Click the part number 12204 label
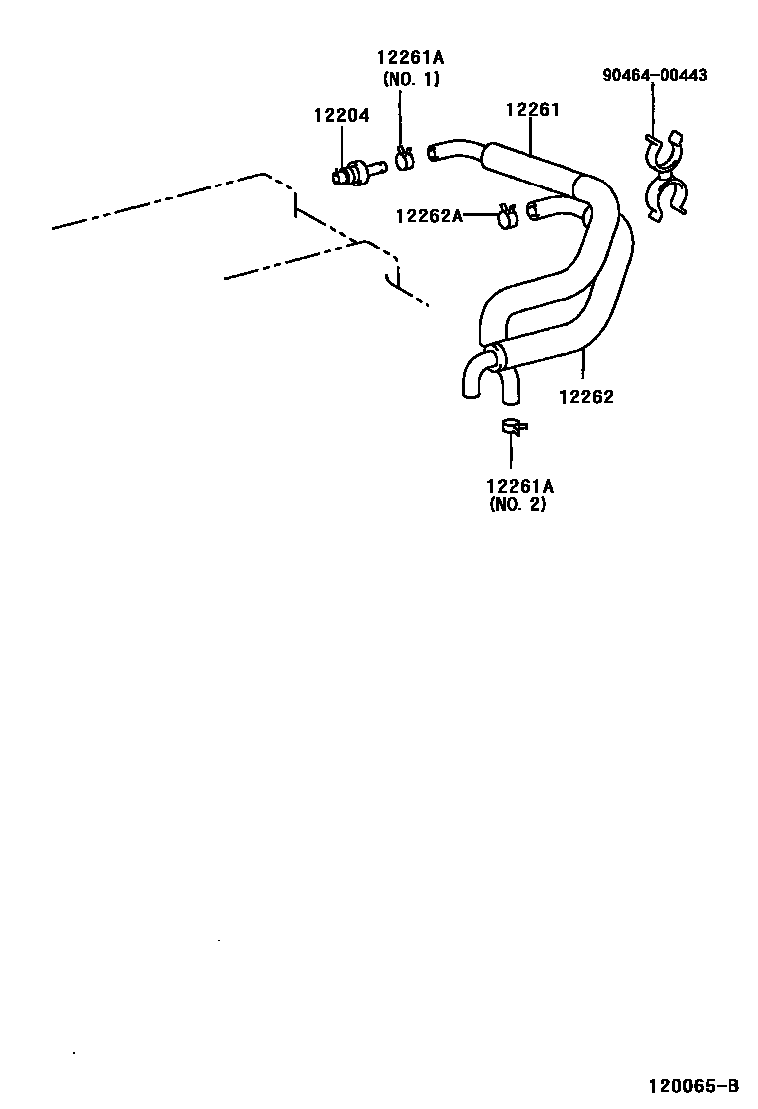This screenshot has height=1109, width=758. [x=341, y=116]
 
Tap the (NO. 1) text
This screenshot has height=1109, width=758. [x=410, y=79]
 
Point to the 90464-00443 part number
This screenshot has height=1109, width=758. [x=654, y=75]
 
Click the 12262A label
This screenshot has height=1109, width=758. [x=429, y=214]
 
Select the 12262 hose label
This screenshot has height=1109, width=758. [x=585, y=396]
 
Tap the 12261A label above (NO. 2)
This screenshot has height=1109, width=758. [x=520, y=486]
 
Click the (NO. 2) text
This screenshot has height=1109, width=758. [x=519, y=505]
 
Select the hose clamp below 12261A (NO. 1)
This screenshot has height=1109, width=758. [x=404, y=157]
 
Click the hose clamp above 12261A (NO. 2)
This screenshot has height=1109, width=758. [x=513, y=427]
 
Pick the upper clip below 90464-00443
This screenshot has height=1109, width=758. [x=662, y=150]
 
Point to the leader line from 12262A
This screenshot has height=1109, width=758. [x=481, y=214]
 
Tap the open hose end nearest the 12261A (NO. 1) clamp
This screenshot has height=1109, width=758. [x=434, y=152]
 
